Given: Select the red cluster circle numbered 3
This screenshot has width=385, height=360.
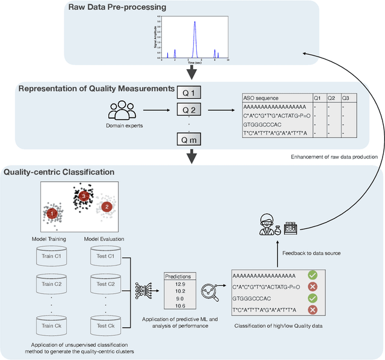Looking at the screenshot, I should point(85,196).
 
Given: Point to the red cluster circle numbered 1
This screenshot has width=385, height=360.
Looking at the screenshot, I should point(53,213).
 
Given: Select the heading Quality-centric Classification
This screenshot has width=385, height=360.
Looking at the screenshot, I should point(59,172).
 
